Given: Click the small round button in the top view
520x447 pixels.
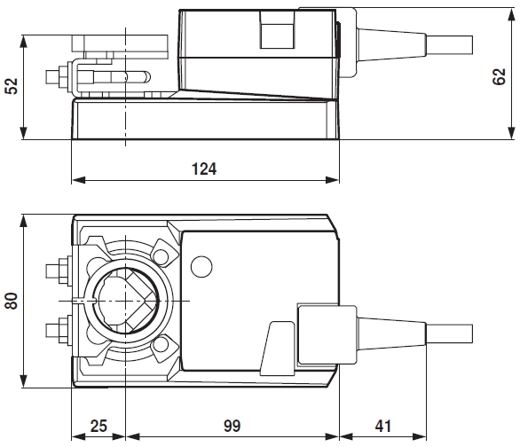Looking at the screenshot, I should click(x=201, y=265).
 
